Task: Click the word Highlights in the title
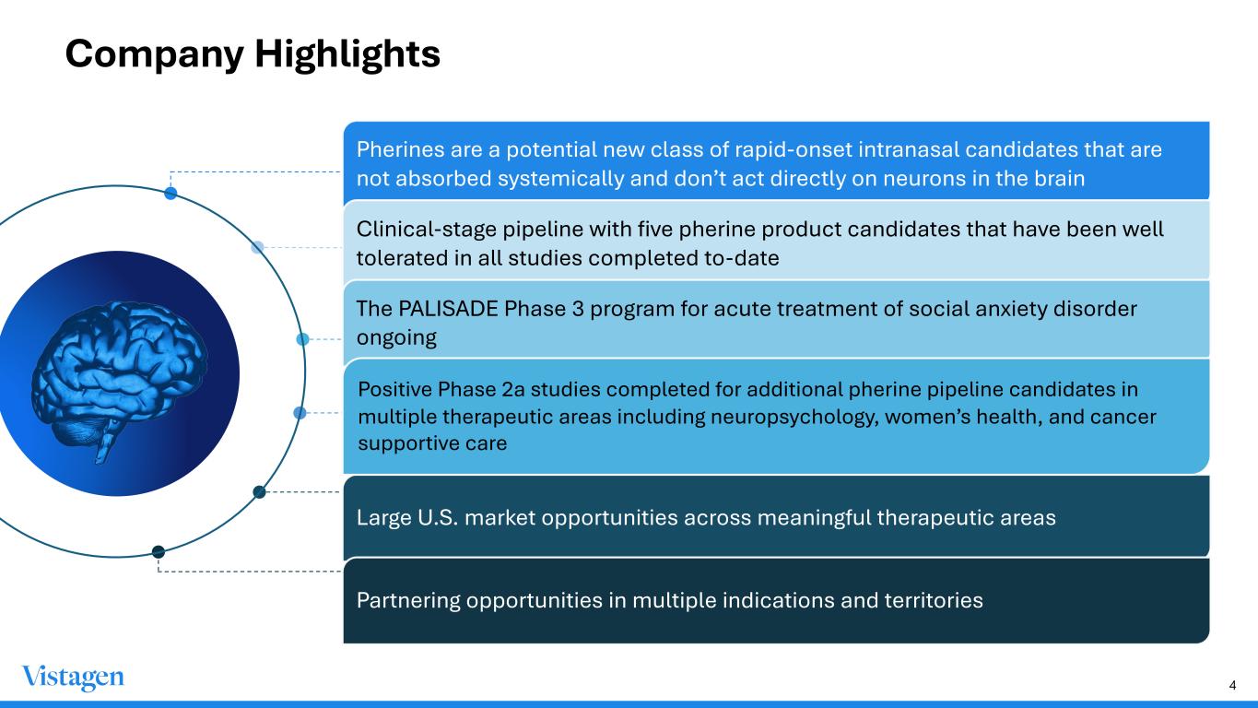pos(347,55)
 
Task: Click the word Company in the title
pos(155,55)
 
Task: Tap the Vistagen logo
pos(73,678)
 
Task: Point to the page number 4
pos(1233,686)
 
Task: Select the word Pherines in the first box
pos(400,149)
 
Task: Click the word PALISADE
pos(448,309)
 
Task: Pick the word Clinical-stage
pos(427,230)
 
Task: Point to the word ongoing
pos(396,338)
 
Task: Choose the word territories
pos(934,600)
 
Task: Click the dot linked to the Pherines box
pos(170,194)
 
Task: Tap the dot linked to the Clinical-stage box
pos(257,247)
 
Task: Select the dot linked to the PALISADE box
pos(302,339)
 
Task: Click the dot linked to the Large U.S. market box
pos(260,492)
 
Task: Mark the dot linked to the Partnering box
pos(159,552)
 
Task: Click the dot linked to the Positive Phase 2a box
pos(300,413)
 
